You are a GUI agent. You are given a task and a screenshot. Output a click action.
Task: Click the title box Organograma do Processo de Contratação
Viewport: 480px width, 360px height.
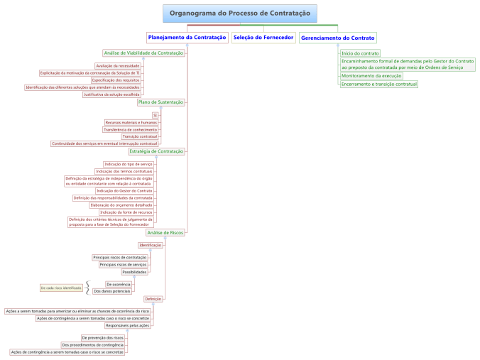coord(240,13)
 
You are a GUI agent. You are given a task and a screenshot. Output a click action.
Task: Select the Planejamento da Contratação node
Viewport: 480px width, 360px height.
coord(187,37)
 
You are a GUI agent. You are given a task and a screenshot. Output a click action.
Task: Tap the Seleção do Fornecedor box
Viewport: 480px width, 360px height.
coord(263,37)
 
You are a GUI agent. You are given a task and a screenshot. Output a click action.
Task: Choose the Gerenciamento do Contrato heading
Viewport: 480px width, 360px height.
coord(338,37)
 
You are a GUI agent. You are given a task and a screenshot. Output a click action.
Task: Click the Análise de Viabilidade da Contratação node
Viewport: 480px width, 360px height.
coord(143,53)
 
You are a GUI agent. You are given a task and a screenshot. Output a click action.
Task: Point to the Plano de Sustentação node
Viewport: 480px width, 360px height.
coord(160,102)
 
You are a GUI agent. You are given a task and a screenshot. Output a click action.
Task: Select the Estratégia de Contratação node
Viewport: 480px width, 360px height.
coord(156,151)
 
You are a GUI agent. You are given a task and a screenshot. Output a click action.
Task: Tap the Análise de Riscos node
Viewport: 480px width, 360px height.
coord(165,232)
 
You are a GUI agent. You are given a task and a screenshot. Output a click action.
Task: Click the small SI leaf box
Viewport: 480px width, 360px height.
coord(155,115)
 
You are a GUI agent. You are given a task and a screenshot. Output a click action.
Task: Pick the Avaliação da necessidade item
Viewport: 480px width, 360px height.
coord(118,65)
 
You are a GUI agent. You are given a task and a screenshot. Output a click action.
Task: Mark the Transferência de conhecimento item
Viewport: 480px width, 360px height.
coord(131,129)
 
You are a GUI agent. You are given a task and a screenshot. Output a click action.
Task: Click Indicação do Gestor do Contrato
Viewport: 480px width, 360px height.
coord(124,191)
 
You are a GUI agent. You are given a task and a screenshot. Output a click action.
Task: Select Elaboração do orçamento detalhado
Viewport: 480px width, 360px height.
coord(121,205)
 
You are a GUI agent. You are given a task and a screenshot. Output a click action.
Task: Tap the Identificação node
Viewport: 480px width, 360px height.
coord(151,245)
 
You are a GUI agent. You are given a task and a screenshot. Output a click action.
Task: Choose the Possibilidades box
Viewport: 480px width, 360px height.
coord(134,272)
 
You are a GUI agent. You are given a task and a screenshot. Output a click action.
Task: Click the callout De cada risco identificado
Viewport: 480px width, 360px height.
coord(61,288)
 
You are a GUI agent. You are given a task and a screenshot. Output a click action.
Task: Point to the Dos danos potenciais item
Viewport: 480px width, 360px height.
coord(112,291)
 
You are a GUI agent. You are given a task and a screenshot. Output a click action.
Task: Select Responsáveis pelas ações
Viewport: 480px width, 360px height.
coord(132,325)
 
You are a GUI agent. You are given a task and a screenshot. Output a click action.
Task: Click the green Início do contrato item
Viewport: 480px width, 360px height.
coord(360,53)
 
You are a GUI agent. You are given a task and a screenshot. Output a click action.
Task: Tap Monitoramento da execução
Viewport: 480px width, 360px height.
coord(371,75)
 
